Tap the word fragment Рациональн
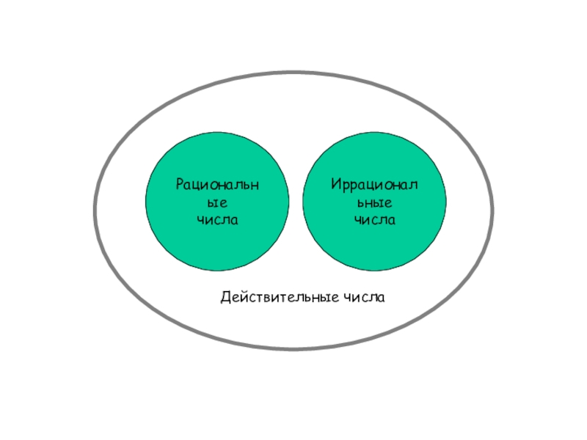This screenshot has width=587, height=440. [217, 183]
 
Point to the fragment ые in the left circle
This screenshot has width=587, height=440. [217, 202]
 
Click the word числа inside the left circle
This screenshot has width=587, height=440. [217, 219]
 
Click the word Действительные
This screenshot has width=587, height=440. [278, 298]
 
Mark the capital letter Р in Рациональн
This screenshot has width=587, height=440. [179, 183]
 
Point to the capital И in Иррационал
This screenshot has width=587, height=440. [335, 183]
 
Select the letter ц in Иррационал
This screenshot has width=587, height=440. [368, 184]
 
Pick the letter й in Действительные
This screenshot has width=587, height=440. [244, 297]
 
